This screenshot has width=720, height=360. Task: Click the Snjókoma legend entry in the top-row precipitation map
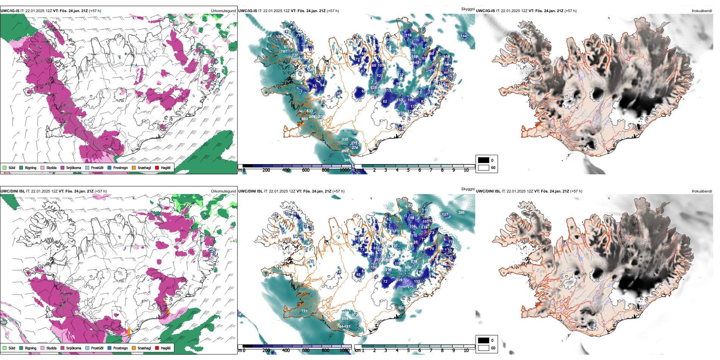74,167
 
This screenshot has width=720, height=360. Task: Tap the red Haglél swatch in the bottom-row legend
157,348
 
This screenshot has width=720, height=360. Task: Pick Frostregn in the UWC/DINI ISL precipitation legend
120,348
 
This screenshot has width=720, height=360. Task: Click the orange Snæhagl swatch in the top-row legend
134,167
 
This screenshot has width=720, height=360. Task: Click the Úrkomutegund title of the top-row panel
223,11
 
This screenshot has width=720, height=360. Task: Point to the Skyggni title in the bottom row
468,189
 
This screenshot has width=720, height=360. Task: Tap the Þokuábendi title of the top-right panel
702,11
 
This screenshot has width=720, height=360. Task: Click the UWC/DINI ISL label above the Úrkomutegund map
13,191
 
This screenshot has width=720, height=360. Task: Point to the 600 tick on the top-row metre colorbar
306,170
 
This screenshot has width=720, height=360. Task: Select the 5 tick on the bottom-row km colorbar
408,351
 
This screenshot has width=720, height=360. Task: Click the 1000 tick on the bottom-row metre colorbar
344,351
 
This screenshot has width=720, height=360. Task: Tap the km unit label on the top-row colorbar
357,170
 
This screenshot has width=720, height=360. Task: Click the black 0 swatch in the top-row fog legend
484,160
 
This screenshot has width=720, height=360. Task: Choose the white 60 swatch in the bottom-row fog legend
484,347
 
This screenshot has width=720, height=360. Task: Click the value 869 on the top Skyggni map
305,119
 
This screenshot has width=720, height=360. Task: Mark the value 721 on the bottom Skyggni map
304,311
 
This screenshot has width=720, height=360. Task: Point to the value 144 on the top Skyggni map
464,36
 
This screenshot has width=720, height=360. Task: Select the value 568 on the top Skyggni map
347,160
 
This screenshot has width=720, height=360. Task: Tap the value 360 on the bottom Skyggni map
401,308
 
